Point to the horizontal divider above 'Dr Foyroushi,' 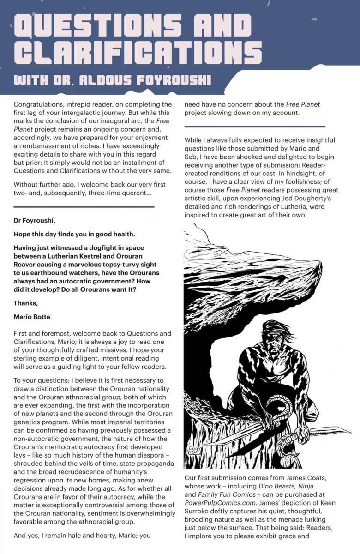84,207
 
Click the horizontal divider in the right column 254,126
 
